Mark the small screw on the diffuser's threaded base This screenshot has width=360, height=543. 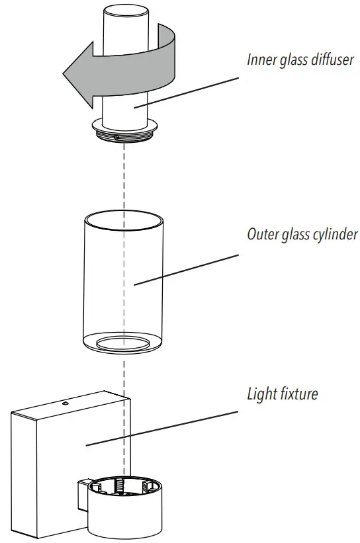point(116,138)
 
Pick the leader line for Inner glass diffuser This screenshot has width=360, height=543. point(185,92)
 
